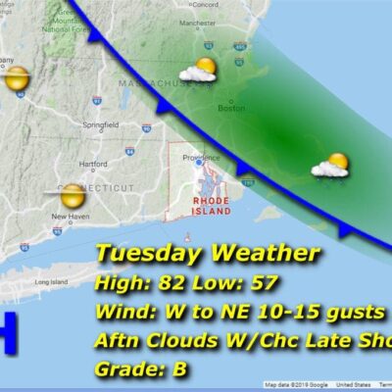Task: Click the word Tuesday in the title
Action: tap(146, 255)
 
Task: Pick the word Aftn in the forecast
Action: tap(119, 342)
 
